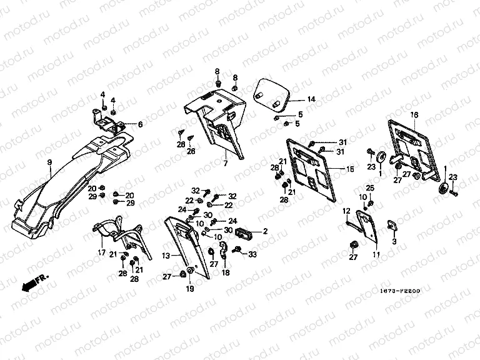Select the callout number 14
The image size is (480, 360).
pyautogui.click(x=311, y=99)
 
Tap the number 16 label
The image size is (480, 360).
pyautogui.click(x=413, y=115)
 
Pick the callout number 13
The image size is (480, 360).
pyautogui.click(x=166, y=255)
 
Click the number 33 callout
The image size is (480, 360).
pyautogui.click(x=252, y=254)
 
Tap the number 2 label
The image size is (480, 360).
pyautogui.click(x=265, y=231)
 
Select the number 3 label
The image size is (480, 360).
pyautogui.click(x=394, y=241)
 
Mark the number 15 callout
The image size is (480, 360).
pyautogui.click(x=349, y=169)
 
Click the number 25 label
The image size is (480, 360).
pyautogui.click(x=369, y=187)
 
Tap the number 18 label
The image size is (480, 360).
pyautogui.click(x=226, y=273)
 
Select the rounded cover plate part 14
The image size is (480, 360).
pyautogui.click(x=274, y=93)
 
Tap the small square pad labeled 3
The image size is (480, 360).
pyautogui.click(x=391, y=225)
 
